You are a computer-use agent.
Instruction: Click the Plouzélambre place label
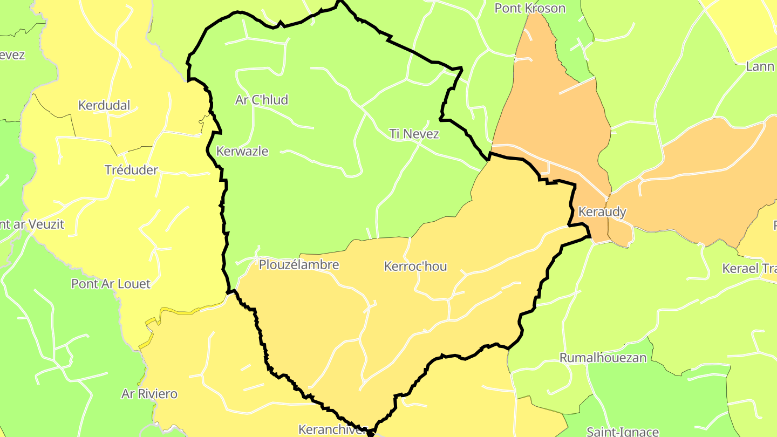[x=299, y=265]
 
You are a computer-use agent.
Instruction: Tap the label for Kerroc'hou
[x=415, y=267]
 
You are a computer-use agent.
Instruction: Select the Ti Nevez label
[x=414, y=134]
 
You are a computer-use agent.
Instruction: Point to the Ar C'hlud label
[x=262, y=100]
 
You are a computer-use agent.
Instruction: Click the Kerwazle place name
[x=242, y=151]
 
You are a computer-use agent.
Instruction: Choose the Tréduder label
[x=131, y=170]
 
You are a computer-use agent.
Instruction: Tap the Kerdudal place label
[x=104, y=105]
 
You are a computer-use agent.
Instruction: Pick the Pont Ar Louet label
[x=111, y=284]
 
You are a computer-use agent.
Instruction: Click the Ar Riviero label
[x=149, y=394]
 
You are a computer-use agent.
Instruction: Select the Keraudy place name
[x=602, y=211]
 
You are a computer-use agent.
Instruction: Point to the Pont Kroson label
[x=530, y=8]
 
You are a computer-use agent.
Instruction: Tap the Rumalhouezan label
[x=603, y=358]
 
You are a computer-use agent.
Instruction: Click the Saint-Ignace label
[x=623, y=432]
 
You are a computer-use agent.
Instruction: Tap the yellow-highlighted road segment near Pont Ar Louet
[x=178, y=312]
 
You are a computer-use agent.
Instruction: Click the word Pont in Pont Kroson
[x=507, y=8]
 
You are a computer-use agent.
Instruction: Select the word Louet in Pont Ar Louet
[x=134, y=284]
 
